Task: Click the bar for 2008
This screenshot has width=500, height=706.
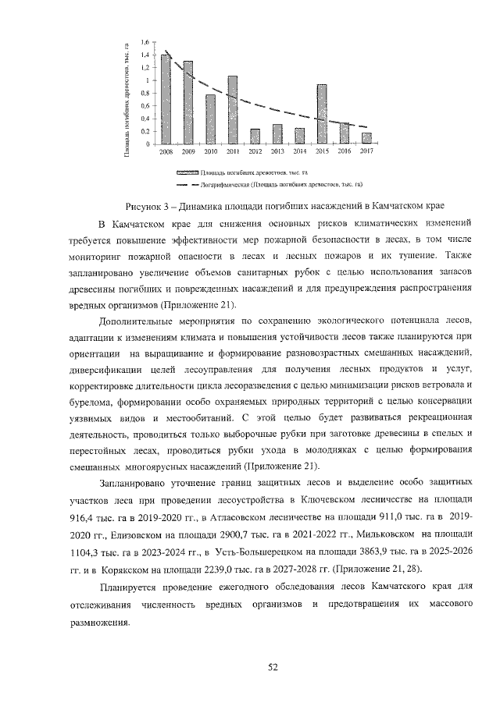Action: coord(166,99)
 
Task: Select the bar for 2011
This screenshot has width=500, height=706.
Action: coord(232,110)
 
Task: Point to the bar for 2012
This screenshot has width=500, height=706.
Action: coord(255,137)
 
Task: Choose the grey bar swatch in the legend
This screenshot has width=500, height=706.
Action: coord(187,171)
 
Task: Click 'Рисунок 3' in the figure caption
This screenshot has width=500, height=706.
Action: coord(151,206)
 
